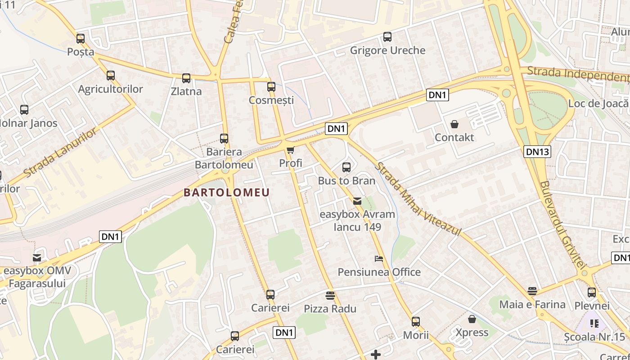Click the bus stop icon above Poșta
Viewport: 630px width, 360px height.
81,39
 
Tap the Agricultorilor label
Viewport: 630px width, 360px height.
110,89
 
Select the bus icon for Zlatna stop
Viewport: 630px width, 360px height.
186,78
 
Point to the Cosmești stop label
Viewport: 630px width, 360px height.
271,100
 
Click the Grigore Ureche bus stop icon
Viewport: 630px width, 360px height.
387,37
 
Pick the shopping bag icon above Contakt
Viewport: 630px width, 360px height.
454,124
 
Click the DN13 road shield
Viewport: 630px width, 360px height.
537,152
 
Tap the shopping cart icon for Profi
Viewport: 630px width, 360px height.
291,150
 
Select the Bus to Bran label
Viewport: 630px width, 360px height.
346,181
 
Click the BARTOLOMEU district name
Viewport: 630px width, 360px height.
226,193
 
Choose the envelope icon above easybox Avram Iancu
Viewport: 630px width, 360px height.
357,201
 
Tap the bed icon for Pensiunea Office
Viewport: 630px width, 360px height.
379,259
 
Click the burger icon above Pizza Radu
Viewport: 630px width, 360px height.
330,296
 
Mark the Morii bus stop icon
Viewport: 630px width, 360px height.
416,322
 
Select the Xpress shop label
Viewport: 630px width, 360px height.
472,333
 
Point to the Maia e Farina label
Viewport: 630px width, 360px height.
532,305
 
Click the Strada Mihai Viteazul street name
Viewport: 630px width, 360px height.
418,198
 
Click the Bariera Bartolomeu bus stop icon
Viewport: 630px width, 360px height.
224,139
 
